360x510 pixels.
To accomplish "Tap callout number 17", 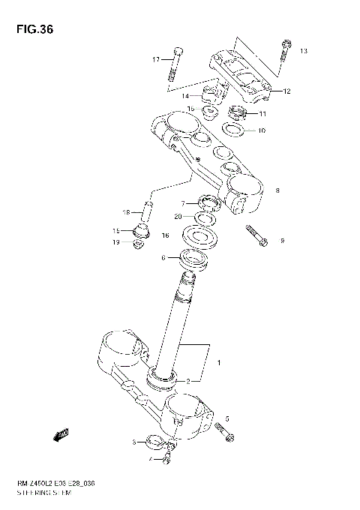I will click(x=156, y=59).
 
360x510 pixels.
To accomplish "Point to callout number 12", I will click(x=286, y=91).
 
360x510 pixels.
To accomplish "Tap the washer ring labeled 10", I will click(x=234, y=131).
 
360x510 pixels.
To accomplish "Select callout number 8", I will click(x=277, y=191).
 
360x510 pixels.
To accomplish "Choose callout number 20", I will click(x=178, y=217).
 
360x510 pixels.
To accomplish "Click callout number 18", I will click(x=127, y=211).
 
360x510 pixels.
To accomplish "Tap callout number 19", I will click(x=116, y=242).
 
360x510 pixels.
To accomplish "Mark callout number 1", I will click(x=219, y=363).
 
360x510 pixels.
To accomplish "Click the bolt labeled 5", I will click(x=224, y=431).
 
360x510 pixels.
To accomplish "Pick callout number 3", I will click(x=134, y=442).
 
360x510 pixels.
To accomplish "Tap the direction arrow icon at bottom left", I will click(x=61, y=434).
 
